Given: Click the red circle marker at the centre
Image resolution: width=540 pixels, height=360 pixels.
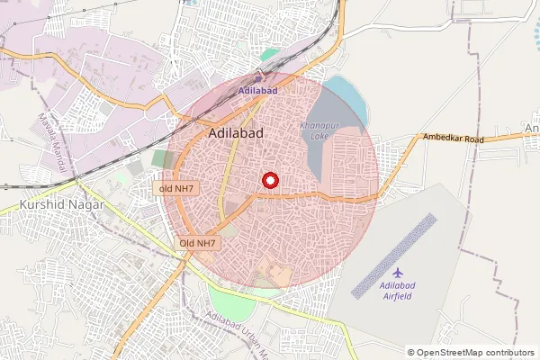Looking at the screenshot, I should click(x=271, y=180).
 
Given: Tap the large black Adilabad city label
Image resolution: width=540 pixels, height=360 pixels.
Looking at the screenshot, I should click(x=235, y=133).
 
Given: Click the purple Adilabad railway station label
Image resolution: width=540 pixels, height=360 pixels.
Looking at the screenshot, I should click(x=258, y=92).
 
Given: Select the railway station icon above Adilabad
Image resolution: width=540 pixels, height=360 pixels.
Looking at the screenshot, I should click(x=258, y=79).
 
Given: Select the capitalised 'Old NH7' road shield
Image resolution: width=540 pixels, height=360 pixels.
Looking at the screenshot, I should click(x=197, y=244).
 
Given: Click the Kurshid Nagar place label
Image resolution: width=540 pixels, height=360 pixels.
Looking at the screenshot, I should click(x=61, y=205).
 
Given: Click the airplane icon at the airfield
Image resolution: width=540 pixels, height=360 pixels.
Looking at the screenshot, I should click(x=399, y=271).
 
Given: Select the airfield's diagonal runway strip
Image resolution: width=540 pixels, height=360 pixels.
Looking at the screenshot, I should click(x=393, y=256).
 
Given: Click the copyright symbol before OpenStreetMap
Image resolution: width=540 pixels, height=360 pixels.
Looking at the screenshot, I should click(x=412, y=352).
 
